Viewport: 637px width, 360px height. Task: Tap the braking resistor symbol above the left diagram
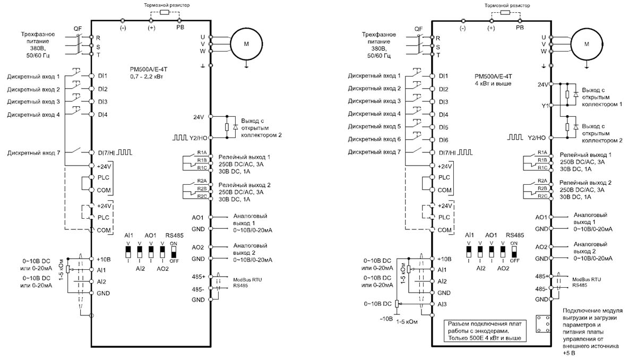coord(165,12)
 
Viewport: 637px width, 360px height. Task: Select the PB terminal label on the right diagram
coord(520,28)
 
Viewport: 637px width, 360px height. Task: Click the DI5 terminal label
coord(443,127)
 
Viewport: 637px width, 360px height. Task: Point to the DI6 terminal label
coord(443,140)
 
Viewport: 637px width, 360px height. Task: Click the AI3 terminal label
coord(442,304)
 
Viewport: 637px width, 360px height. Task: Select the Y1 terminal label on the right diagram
coord(545,106)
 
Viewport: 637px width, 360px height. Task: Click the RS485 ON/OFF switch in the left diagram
coord(174,252)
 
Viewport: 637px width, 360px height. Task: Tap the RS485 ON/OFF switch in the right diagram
coord(514,252)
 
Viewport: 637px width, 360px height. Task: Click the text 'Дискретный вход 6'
coord(374,139)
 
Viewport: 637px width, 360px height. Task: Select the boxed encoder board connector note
coord(485,331)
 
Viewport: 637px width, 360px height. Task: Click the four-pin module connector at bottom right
coord(543,323)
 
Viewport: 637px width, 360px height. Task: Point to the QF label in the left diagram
coord(78,29)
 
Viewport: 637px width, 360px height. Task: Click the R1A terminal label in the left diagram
coord(202,153)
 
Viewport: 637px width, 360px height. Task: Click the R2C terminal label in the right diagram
coord(543,196)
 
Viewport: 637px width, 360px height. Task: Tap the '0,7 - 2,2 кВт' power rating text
coord(147,76)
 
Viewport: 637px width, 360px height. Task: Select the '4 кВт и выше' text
coord(493,83)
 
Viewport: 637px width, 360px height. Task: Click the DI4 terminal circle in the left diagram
coord(91,114)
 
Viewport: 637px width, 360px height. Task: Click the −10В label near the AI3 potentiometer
coord(386,319)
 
